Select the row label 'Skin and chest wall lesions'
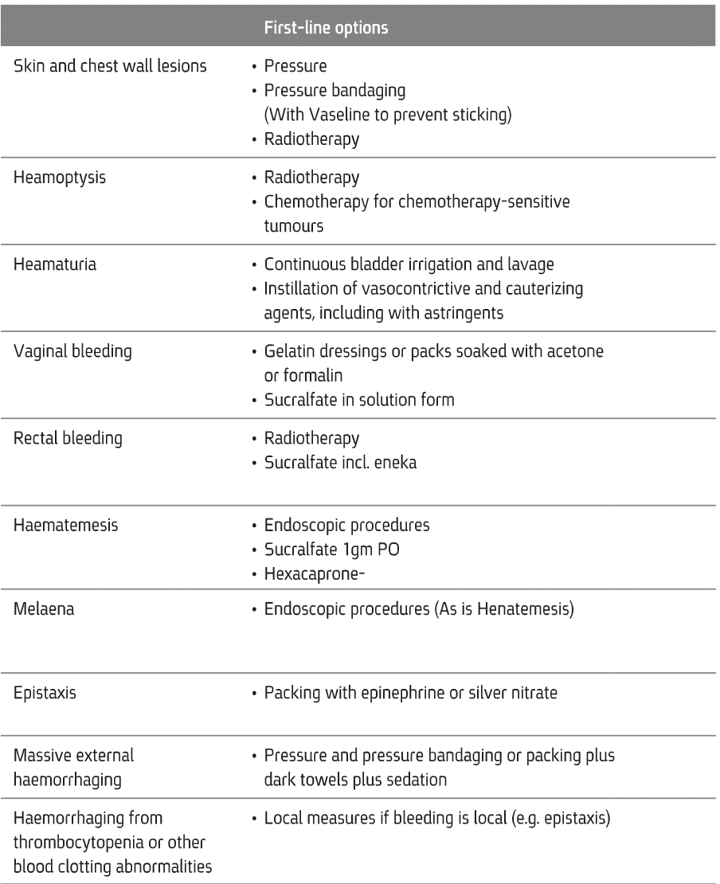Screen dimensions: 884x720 click(x=111, y=66)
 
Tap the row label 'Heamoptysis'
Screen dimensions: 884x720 click(x=60, y=178)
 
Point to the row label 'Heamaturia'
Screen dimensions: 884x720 click(x=56, y=264)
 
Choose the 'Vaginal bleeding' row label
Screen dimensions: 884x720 click(x=73, y=351)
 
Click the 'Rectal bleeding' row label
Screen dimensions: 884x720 click(x=68, y=439)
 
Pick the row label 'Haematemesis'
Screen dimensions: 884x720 click(x=66, y=526)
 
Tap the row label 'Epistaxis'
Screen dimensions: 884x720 click(x=45, y=693)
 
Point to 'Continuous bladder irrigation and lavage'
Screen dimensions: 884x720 click(x=409, y=264)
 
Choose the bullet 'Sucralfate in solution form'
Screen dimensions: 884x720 click(x=359, y=400)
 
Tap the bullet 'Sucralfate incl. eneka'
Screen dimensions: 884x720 click(x=340, y=463)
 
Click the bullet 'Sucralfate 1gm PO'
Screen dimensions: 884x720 click(x=328, y=550)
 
